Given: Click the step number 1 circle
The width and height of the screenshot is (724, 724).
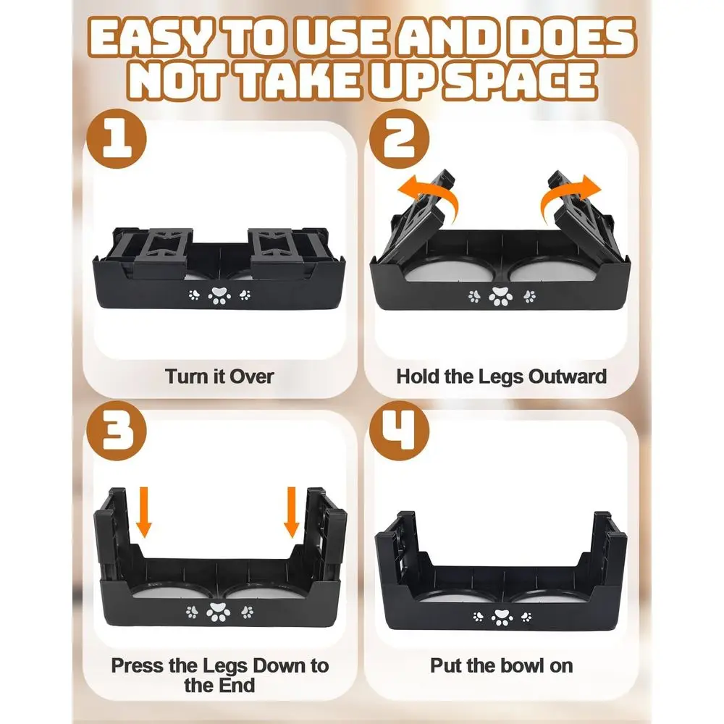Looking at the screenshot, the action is tap(117, 138).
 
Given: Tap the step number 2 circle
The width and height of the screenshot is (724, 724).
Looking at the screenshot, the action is tap(400, 138).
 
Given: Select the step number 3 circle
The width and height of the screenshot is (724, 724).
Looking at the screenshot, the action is tap(117, 430).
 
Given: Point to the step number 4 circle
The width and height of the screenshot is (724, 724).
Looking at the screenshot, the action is tap(400, 430).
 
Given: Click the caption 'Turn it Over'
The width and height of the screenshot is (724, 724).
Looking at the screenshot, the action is tap(219, 376).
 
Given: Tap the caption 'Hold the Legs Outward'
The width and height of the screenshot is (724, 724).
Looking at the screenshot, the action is tap(502, 376).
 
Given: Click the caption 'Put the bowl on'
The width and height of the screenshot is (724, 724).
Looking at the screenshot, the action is tap(502, 666).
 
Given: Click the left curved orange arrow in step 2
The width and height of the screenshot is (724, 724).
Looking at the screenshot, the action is tap(432, 196).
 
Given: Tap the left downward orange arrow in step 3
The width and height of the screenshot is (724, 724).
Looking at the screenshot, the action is tap(144, 512).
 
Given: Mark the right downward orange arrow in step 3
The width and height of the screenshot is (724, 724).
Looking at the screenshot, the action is tap(291, 512).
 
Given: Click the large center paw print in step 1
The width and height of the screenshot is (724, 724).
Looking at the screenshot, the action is tap(219, 295).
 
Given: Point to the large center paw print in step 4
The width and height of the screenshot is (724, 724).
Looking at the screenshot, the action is tap(502, 618).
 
